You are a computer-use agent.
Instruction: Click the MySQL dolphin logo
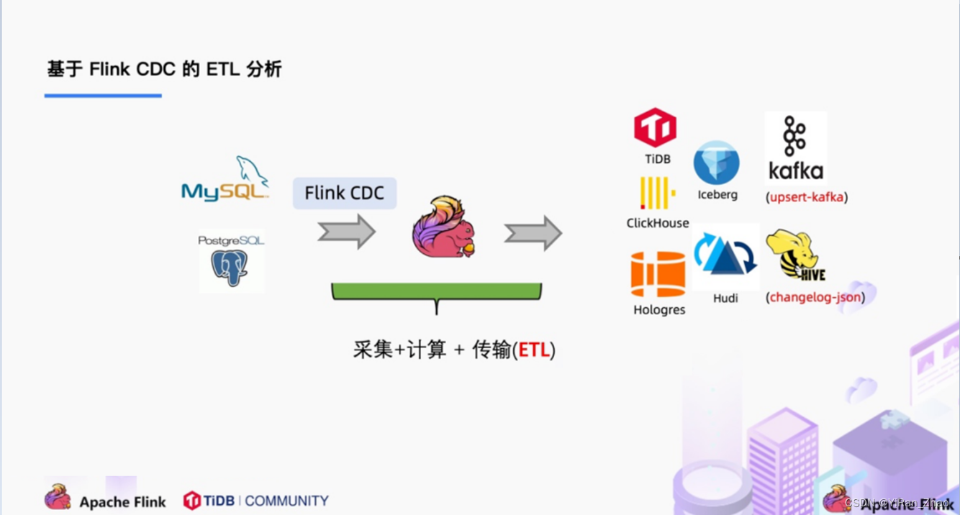tap(225, 179)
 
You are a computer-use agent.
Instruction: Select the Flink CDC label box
tap(345, 193)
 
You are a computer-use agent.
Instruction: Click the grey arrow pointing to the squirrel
tap(347, 232)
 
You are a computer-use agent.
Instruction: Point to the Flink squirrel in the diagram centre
tap(443, 227)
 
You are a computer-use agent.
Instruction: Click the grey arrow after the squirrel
tap(533, 233)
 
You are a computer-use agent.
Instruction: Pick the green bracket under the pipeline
tap(436, 292)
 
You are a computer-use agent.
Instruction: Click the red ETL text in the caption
tap(534, 350)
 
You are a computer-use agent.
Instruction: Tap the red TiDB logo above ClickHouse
tap(655, 128)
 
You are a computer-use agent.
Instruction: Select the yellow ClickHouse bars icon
tap(657, 193)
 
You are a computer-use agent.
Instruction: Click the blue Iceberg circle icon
tap(717, 163)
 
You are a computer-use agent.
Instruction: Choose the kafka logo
tap(795, 148)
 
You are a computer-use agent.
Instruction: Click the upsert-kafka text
tap(806, 197)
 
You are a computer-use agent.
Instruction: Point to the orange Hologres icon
tap(658, 274)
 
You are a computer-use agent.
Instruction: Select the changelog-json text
tap(815, 296)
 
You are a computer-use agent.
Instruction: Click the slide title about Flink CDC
tap(164, 69)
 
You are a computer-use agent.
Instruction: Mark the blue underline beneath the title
tap(103, 95)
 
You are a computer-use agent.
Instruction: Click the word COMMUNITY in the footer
tap(286, 501)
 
